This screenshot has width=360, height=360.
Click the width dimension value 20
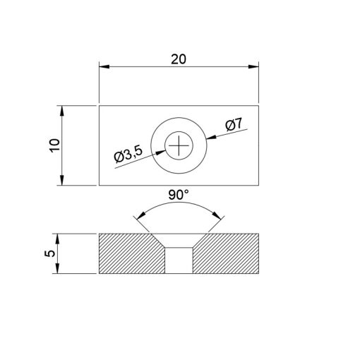coord(179,60)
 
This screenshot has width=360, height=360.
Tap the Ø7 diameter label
coord(234,125)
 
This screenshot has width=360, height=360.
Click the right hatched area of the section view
coord(229,254)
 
